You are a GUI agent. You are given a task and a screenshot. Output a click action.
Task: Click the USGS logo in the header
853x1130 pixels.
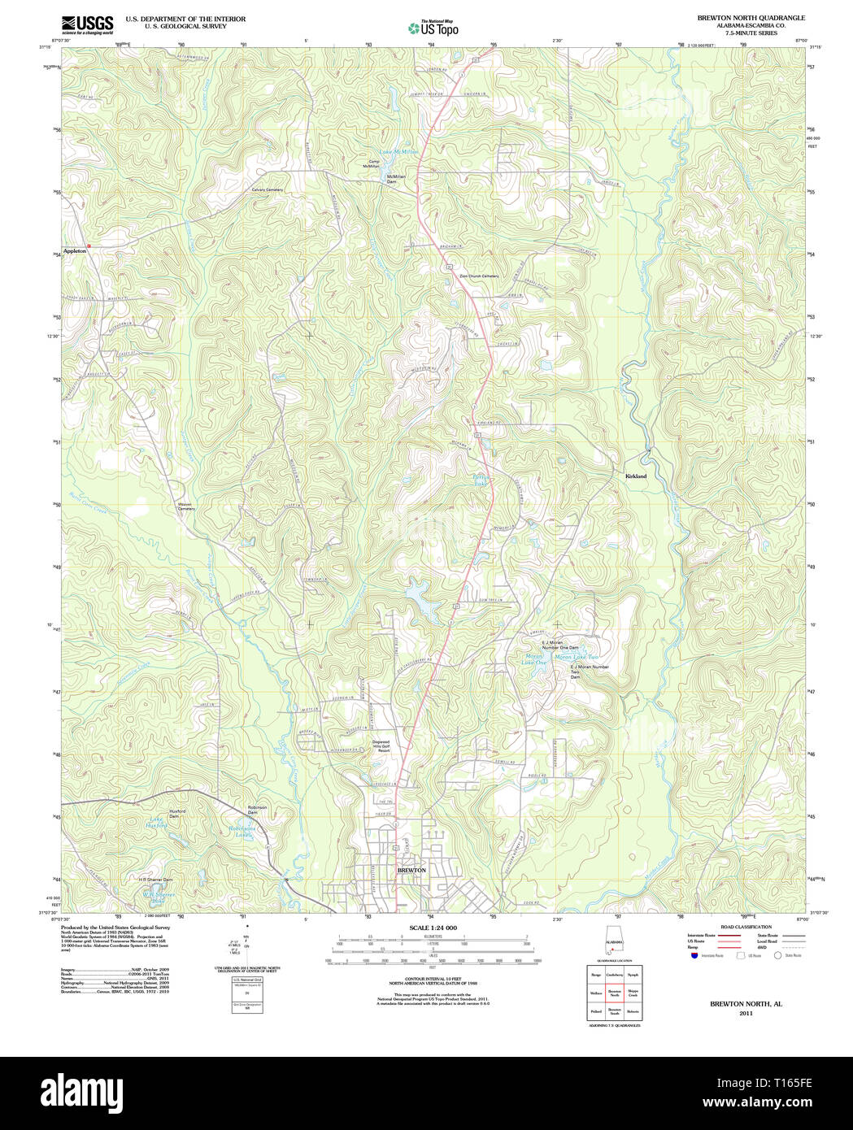click(87, 24)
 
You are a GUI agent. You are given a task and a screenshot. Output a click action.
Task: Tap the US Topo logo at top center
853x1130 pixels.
click(433, 28)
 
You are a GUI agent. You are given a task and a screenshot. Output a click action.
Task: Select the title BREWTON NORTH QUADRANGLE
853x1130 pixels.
click(751, 17)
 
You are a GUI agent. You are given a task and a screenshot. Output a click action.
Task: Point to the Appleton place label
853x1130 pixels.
click(75, 252)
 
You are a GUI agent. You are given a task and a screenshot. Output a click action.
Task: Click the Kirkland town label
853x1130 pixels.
click(635, 476)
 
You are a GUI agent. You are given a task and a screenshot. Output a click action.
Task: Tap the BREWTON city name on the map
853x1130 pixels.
click(411, 870)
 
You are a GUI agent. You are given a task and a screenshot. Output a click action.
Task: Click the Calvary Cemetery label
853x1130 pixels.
click(267, 189)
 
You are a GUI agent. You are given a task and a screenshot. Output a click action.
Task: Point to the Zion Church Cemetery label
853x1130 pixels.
click(479, 276)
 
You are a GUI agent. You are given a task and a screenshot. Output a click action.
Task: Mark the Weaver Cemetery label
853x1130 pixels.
click(186, 506)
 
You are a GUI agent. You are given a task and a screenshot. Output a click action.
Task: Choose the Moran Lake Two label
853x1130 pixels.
click(576, 657)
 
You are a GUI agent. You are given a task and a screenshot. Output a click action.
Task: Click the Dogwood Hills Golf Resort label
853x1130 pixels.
click(381, 745)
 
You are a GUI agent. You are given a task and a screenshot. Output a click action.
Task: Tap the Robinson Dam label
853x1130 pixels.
click(257, 810)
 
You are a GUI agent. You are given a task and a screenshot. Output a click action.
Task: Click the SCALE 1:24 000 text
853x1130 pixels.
click(433, 928)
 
